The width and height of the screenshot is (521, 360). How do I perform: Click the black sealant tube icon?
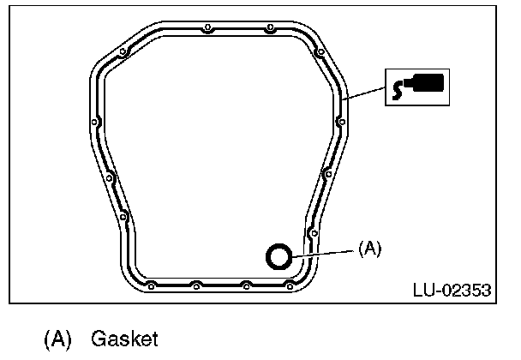coord(417,86)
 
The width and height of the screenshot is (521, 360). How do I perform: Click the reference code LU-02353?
coord(452,291)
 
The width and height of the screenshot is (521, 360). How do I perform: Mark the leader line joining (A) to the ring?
coord(322,252)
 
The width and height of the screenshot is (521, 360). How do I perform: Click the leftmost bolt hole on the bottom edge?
coord(151,284)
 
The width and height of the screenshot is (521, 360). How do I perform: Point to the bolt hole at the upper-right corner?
coord(320,52)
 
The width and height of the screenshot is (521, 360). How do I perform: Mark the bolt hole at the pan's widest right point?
coord(342,121)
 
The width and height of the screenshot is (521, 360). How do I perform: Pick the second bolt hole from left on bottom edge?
coord(196,284)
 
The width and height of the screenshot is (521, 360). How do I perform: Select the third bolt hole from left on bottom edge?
coord(246,284)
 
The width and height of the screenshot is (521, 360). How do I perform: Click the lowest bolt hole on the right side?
coord(314,232)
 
